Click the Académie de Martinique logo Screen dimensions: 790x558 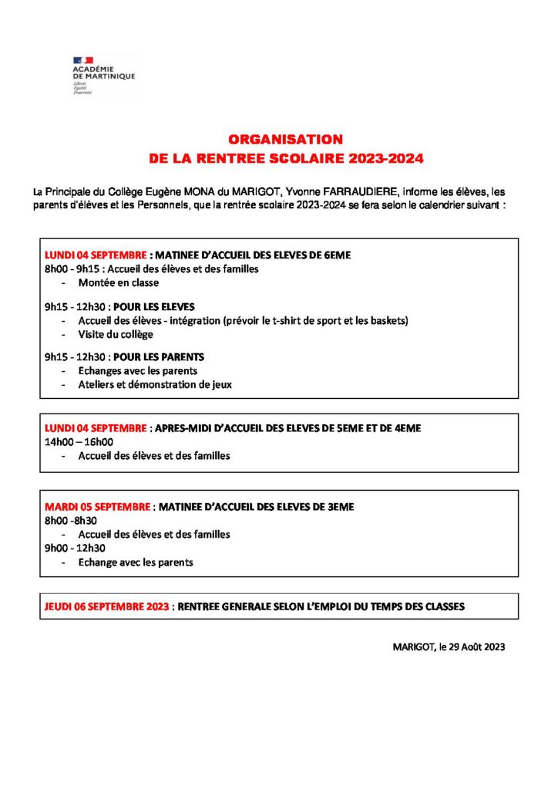[x=103, y=75]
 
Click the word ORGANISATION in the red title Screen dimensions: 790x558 [x=285, y=140]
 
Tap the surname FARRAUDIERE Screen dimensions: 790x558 [x=357, y=191]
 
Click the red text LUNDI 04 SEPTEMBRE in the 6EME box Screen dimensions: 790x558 [x=96, y=255]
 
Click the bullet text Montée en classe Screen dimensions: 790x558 [x=118, y=282]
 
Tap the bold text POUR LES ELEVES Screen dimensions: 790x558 [x=160, y=306]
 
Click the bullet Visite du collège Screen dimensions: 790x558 [x=116, y=334]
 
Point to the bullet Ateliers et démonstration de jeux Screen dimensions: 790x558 [x=155, y=384]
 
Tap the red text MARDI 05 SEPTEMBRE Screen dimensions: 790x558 [x=97, y=507]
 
